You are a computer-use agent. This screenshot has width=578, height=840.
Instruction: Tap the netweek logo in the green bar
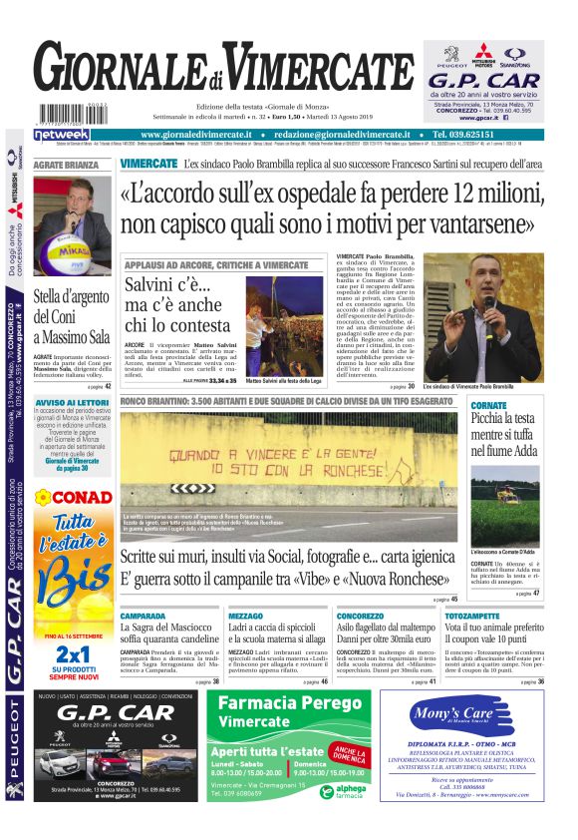[62, 134]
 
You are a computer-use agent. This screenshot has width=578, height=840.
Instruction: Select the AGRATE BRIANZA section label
[66, 165]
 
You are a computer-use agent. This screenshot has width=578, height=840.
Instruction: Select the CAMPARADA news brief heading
[143, 616]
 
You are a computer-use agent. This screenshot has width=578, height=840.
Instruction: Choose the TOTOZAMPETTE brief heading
[473, 616]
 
